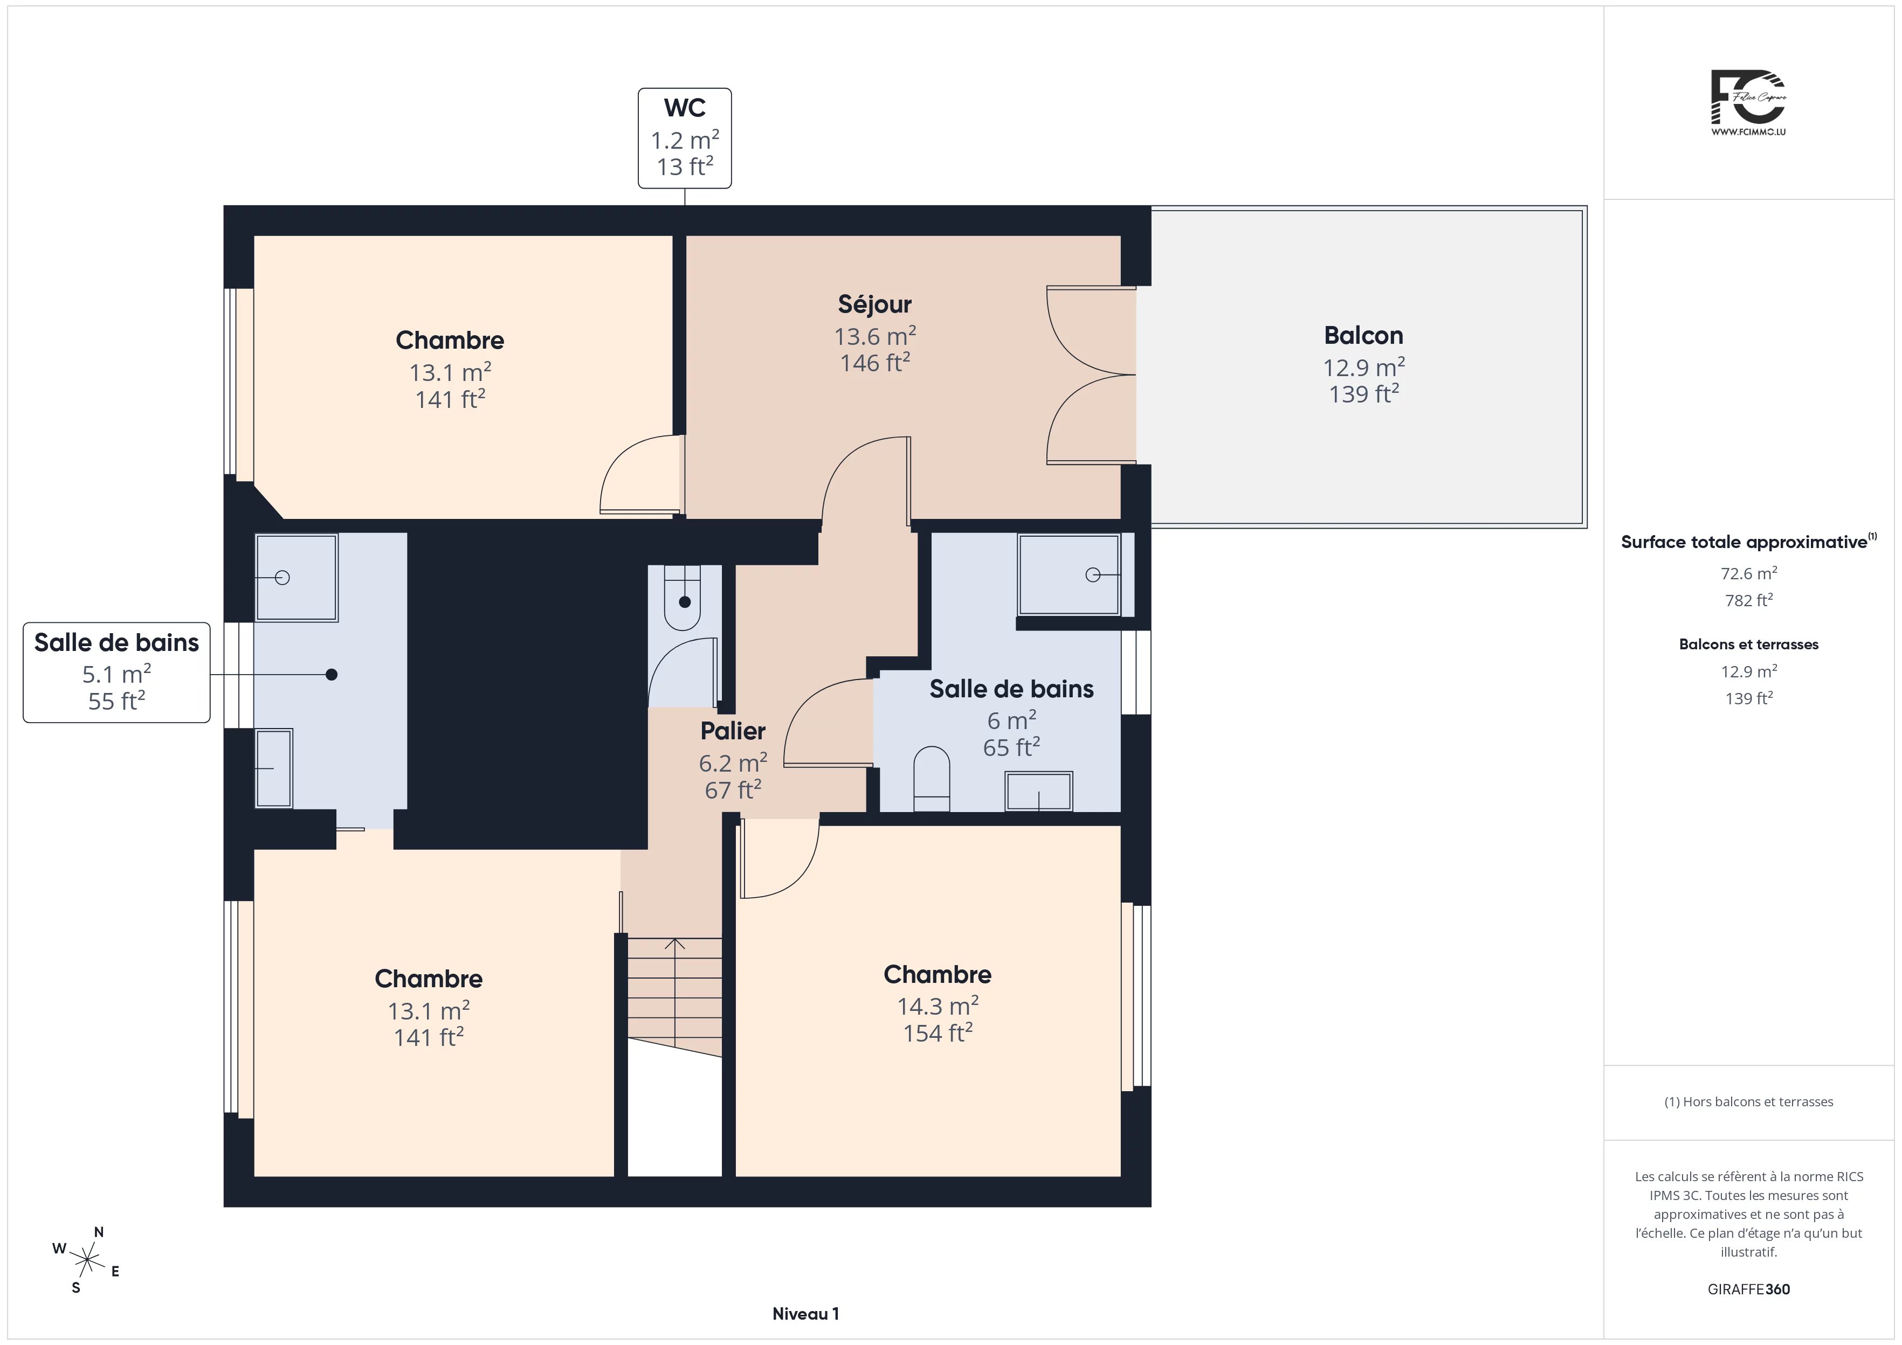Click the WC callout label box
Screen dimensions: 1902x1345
[x=684, y=138]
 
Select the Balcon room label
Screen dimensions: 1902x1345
[x=1363, y=335]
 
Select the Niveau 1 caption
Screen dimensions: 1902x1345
[x=805, y=1314]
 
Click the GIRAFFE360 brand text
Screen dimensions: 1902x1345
[x=1749, y=1289]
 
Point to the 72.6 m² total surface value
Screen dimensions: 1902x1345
[x=1749, y=573]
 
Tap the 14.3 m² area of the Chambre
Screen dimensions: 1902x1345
[x=938, y=1006]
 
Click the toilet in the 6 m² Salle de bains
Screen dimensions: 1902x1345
[x=931, y=779]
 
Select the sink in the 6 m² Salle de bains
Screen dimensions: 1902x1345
[x=1039, y=791]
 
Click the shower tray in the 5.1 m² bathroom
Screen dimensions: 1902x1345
[x=297, y=577]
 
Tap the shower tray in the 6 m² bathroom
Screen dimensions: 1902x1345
[x=1069, y=574]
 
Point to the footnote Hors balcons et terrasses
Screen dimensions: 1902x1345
[x=1749, y=1101]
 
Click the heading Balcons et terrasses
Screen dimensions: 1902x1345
[x=1749, y=644]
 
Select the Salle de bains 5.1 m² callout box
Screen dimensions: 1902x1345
[x=117, y=672]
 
